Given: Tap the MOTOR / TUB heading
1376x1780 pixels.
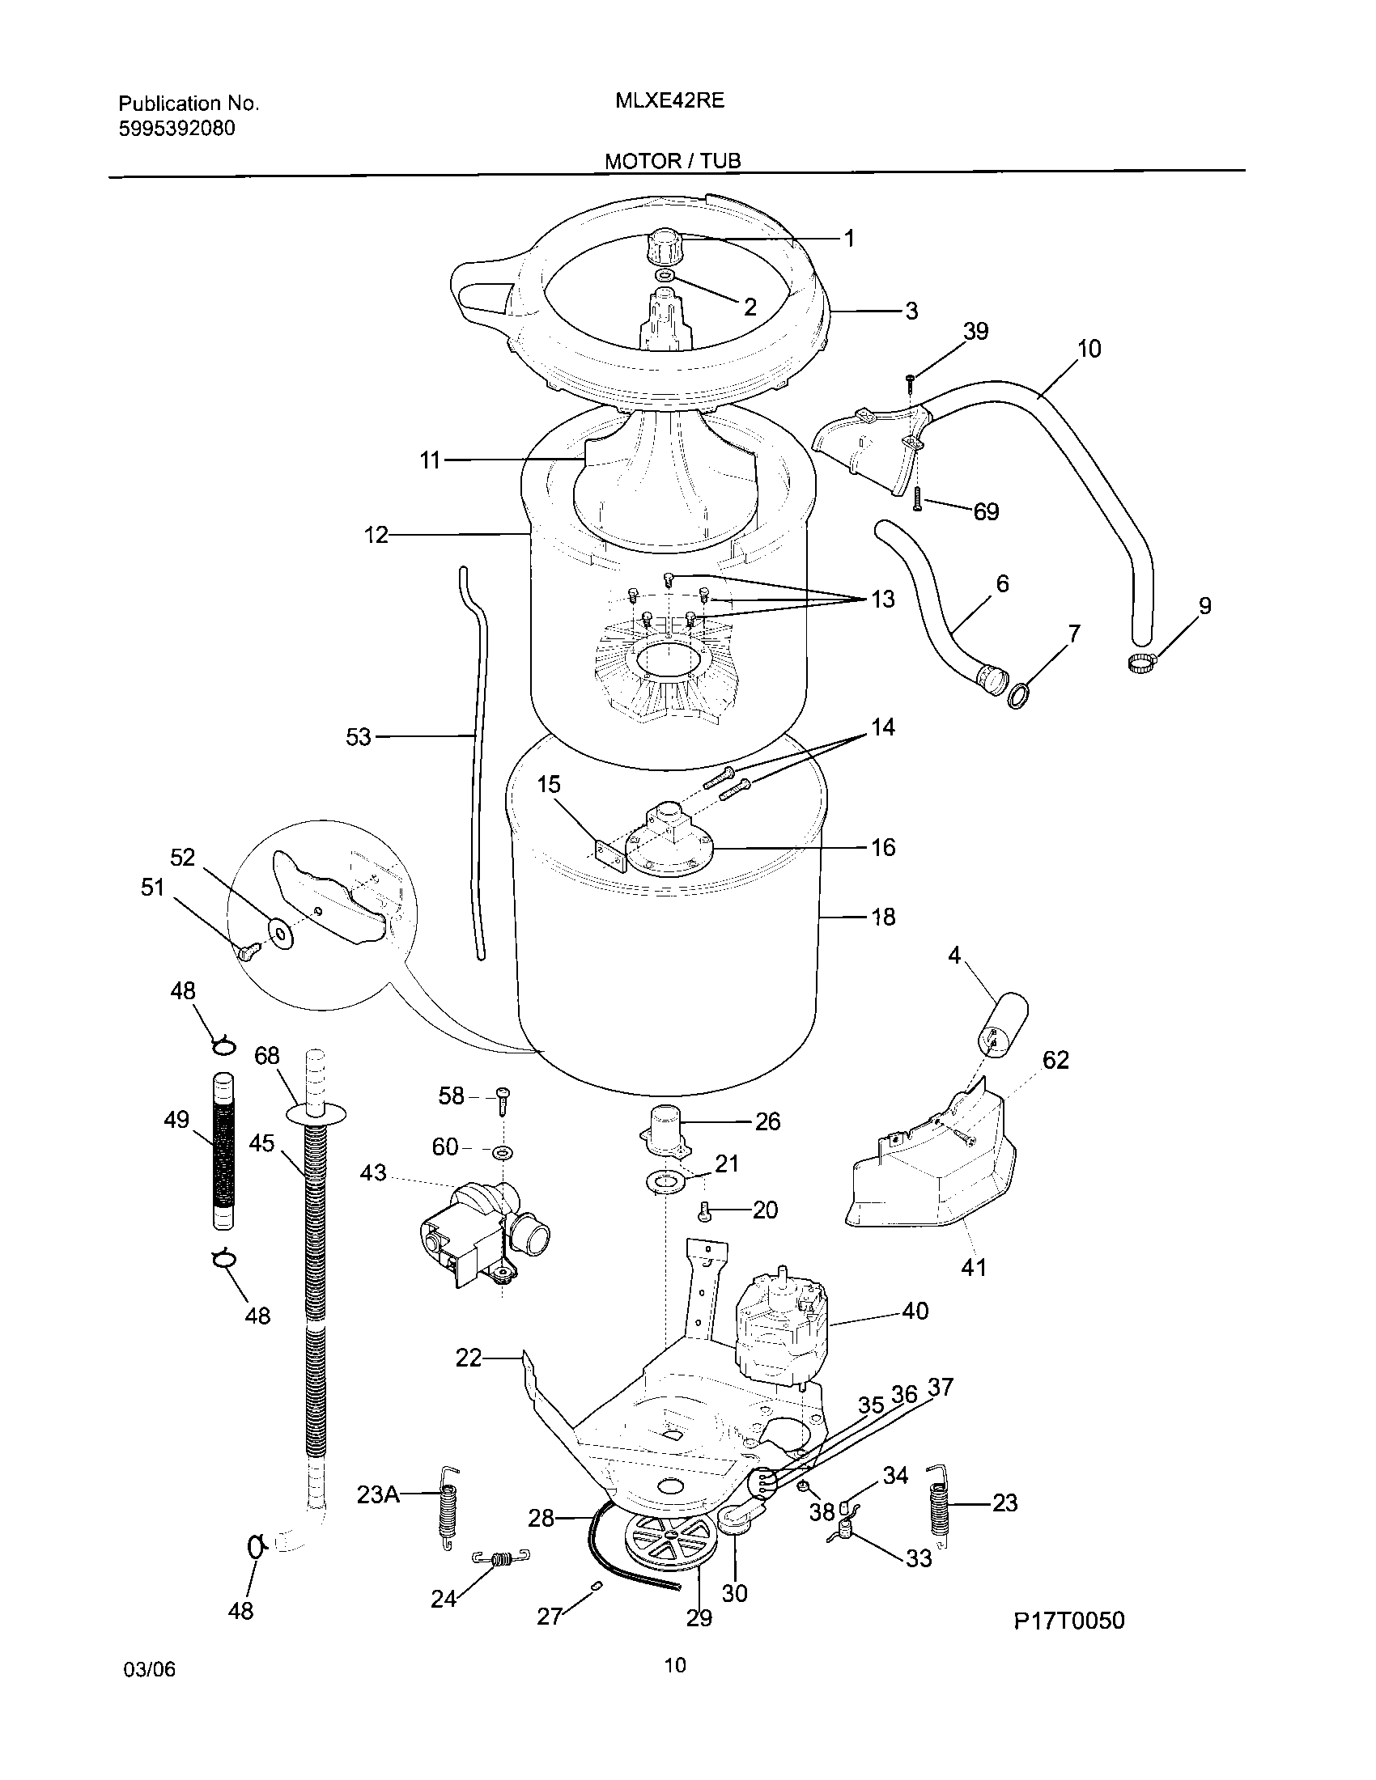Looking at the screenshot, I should pyautogui.click(x=673, y=161).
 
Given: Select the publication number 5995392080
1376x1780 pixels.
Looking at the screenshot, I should pyautogui.click(x=177, y=129).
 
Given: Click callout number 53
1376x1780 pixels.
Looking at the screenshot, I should pyautogui.click(x=359, y=737).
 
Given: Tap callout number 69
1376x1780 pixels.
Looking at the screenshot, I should pyautogui.click(x=986, y=512).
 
